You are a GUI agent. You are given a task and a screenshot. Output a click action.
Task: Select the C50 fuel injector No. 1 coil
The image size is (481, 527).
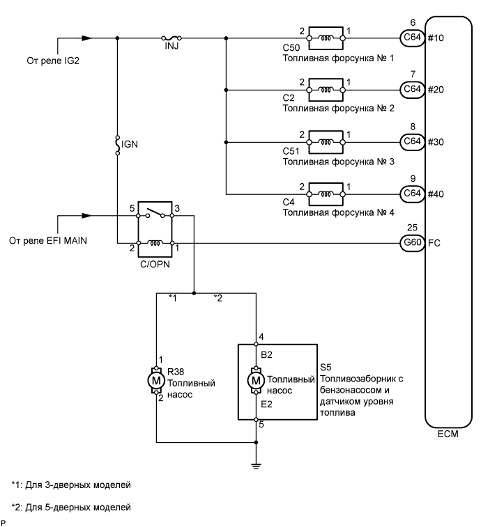pyautogui.click(x=326, y=38)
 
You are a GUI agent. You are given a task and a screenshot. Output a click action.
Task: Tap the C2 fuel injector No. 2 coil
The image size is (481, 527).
pyautogui.click(x=326, y=89)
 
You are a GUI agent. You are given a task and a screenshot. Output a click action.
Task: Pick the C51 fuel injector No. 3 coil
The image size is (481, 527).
pyautogui.click(x=326, y=141)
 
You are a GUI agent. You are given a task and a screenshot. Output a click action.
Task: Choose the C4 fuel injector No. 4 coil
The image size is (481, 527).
pyautogui.click(x=326, y=193)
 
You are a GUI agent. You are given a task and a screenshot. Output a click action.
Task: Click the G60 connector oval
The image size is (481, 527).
pyautogui.click(x=410, y=244)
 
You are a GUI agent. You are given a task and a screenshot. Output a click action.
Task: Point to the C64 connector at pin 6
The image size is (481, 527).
pyautogui.click(x=410, y=38)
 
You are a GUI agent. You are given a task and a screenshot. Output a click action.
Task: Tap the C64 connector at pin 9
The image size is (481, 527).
pyautogui.click(x=410, y=193)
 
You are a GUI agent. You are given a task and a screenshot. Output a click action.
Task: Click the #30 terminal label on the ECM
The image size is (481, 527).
pyautogui.click(x=436, y=141)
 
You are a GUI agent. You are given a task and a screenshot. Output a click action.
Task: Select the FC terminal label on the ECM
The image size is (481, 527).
pyautogui.click(x=434, y=244)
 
